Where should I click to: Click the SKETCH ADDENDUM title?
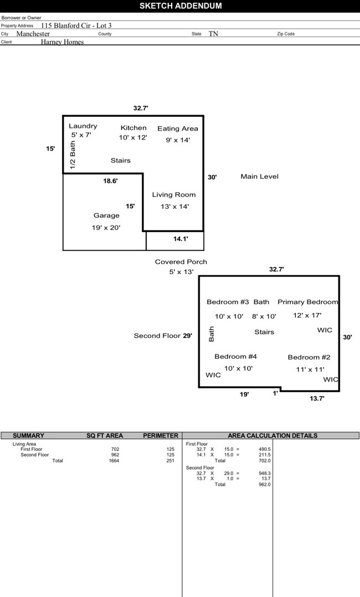(180, 6)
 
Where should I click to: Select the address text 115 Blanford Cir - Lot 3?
(76, 25)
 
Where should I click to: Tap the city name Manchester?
(33, 34)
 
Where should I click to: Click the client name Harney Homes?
(62, 42)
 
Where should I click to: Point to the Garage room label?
(106, 215)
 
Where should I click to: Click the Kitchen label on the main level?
(133, 128)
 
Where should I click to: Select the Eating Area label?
(177, 128)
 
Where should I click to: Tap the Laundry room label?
(83, 126)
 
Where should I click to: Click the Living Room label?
(174, 195)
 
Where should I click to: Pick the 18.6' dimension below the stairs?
(110, 181)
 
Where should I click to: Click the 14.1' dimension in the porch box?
(181, 239)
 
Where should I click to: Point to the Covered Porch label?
(181, 262)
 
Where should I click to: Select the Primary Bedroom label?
(307, 302)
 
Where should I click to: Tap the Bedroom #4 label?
(235, 357)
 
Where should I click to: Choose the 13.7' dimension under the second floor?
(317, 398)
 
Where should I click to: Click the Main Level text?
(259, 177)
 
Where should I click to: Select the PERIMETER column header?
(161, 436)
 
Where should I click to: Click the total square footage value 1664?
(114, 461)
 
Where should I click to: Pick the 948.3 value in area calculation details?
(264, 474)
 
